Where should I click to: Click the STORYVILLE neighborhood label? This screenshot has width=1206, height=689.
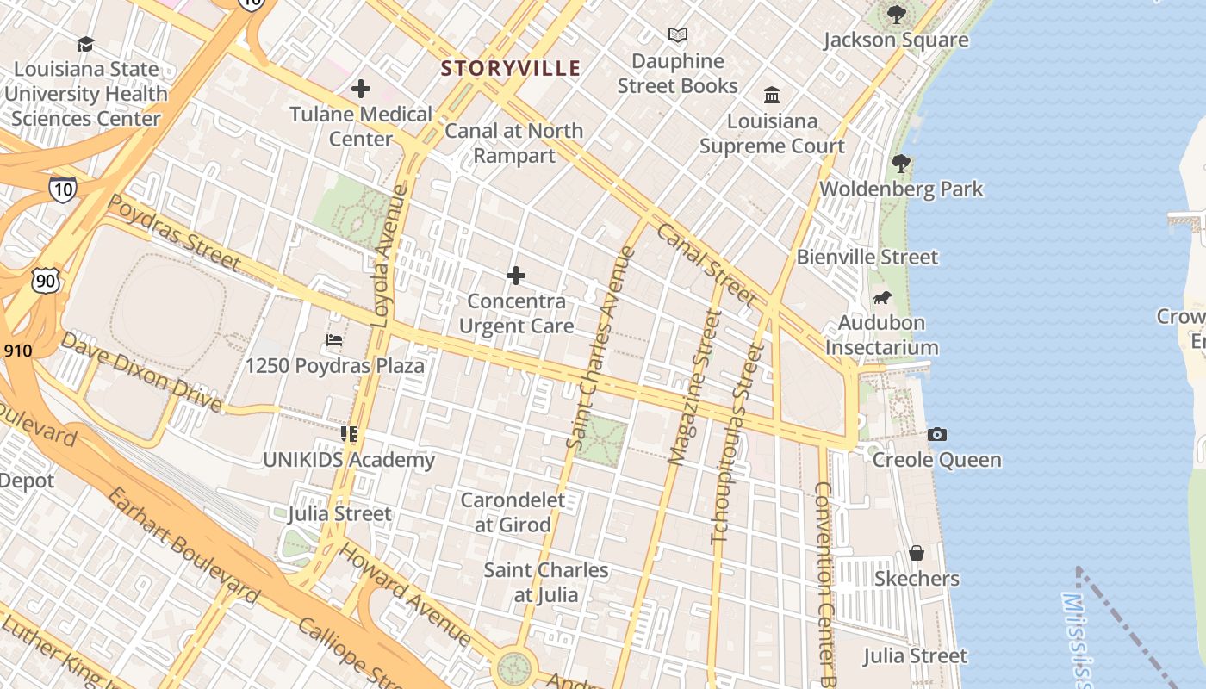(511, 68)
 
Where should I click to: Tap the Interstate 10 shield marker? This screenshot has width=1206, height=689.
(62, 189)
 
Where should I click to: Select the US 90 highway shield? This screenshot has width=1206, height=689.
(46, 280)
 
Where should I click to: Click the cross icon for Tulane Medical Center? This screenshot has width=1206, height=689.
(361, 89)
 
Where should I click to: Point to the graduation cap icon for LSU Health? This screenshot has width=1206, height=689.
(85, 44)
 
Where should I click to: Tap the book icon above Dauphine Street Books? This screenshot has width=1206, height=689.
(678, 35)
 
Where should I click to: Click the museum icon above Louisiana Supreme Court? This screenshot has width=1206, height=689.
(772, 95)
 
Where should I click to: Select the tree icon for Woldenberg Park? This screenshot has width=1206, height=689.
(901, 163)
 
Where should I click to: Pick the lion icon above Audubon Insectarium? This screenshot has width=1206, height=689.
(881, 298)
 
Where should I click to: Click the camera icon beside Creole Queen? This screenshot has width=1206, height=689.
(937, 435)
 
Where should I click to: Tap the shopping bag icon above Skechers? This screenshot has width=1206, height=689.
(917, 553)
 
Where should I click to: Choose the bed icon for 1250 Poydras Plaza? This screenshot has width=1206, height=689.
(334, 340)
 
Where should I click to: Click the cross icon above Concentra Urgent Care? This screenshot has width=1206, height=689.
(516, 276)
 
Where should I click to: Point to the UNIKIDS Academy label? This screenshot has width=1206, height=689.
(349, 460)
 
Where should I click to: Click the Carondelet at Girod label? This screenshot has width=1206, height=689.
(513, 512)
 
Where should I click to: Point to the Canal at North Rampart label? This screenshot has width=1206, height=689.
(514, 143)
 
